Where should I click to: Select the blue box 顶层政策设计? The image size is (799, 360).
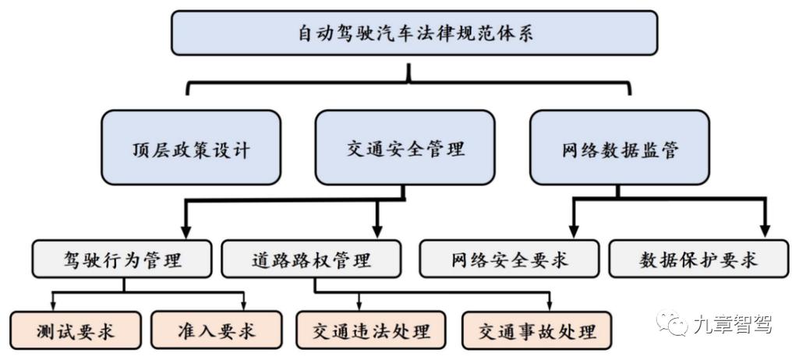tap(191, 148)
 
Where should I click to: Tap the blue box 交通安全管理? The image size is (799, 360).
tap(405, 148)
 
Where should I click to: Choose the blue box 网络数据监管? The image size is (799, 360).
tap(619, 148)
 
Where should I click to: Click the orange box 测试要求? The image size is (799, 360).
tap(76, 330)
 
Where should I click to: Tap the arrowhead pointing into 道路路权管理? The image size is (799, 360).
tap(377, 231)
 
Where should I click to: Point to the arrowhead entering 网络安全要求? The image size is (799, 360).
tap(574, 231)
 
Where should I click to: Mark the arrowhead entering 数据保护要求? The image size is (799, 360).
tap(765, 231)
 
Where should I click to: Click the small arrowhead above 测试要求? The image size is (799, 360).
tap(53, 305)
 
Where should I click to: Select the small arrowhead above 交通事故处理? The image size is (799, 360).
tap(550, 305)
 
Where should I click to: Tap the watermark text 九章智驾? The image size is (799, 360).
tap(731, 324)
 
